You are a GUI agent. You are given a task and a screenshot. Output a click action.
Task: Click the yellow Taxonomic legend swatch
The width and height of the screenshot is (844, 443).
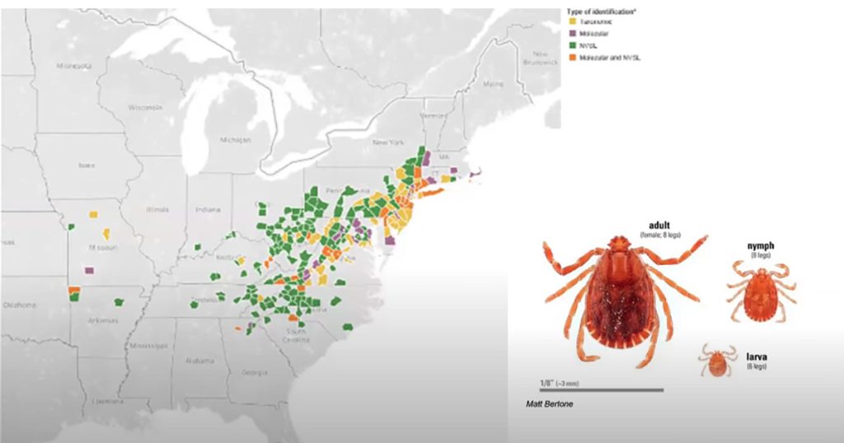click(x=570, y=22)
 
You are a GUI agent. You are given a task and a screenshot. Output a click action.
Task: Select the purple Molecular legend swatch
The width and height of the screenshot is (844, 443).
click(x=570, y=34)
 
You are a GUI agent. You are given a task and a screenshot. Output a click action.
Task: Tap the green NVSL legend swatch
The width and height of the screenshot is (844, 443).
click(x=570, y=45)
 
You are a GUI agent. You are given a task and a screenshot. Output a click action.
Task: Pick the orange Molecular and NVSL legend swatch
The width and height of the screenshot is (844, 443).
click(x=570, y=57)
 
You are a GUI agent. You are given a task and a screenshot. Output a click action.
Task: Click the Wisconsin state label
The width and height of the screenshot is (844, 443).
click(x=145, y=107)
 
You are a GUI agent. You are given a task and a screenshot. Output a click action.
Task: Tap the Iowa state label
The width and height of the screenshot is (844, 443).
click(x=86, y=164)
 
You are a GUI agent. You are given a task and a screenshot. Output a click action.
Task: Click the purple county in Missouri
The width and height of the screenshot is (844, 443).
click(x=89, y=269)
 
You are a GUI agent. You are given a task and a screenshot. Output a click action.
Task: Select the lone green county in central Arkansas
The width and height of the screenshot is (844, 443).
click(x=119, y=301)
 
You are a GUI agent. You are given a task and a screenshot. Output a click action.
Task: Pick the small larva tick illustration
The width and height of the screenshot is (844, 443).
click(x=718, y=360)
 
